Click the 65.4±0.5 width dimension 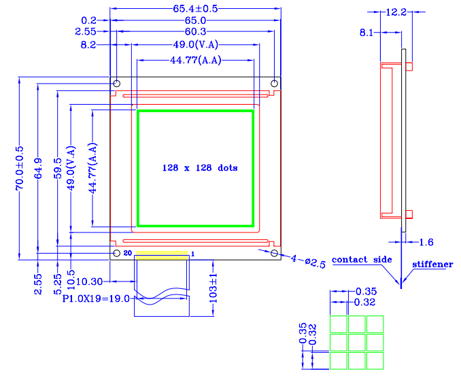pyautogui.click(x=195, y=9)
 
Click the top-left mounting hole pyautogui.click(x=116, y=83)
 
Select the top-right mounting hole pyautogui.click(x=274, y=83)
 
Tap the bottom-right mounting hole pyautogui.click(x=274, y=253)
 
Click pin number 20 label pyautogui.click(x=127, y=254)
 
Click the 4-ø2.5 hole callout pyautogui.click(x=303, y=260)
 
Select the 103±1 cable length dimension pyautogui.click(x=213, y=288)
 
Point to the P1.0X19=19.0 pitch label pyautogui.click(x=96, y=298)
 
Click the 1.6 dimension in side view pyautogui.click(x=426, y=242)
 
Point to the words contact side pyautogui.click(x=362, y=260)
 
